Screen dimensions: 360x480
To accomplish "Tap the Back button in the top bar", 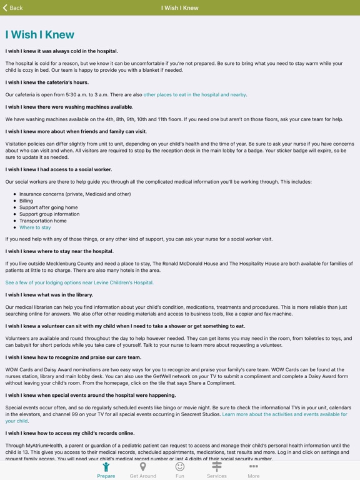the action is pos(13,7).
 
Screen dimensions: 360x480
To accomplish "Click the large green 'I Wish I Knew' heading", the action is pos(40,35).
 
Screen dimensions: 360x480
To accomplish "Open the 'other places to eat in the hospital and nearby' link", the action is pos(195,95).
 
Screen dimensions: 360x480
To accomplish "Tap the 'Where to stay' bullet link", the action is pos(35,227).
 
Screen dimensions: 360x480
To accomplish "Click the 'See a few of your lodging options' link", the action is pos(79,282).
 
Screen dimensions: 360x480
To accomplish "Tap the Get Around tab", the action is pos(142,469).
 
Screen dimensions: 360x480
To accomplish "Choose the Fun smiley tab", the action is pos(179,469).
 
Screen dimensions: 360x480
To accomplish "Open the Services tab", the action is pos(216,469).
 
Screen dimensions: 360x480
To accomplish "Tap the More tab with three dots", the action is pos(253,469).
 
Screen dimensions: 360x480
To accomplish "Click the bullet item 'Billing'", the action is pos(26,201).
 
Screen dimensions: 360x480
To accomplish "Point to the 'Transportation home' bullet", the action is pos(42,221).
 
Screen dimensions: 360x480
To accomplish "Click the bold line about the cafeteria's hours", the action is pos(47,82).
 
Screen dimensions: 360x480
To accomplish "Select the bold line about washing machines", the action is pos(69,107).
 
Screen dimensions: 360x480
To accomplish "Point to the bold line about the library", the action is pos(49,295).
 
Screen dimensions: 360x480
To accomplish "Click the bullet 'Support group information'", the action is pos(49,214).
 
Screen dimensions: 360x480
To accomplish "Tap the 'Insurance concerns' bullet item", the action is pos(75,194).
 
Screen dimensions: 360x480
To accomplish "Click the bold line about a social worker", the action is pos(59,169).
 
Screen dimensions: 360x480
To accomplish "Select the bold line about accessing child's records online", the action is pos(70,433).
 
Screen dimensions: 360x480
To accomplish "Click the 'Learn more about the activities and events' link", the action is pos(284,414).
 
